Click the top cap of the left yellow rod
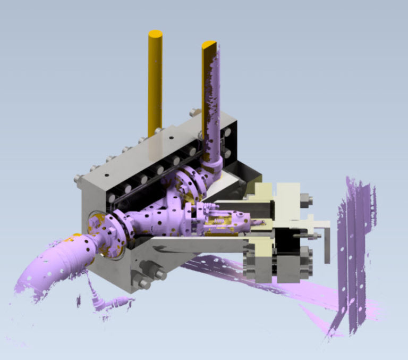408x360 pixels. (x=155, y=34)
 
